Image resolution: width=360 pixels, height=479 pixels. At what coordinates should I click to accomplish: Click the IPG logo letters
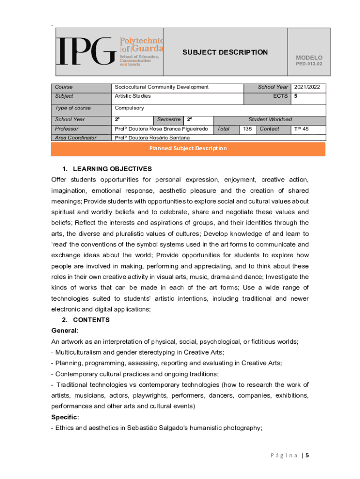click(x=86, y=52)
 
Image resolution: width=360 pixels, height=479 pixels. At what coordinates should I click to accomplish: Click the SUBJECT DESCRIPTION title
click(x=225, y=52)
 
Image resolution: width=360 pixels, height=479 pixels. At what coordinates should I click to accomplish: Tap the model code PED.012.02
click(x=309, y=64)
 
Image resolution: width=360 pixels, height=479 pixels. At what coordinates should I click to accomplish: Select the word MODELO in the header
click(x=309, y=58)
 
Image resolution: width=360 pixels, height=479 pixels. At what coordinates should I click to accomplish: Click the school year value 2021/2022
click(x=308, y=87)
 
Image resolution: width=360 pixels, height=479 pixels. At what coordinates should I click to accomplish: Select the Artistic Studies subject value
click(x=133, y=96)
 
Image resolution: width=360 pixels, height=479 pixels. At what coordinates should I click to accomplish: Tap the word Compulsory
click(x=130, y=108)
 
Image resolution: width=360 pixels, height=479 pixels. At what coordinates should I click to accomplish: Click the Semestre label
click(x=169, y=119)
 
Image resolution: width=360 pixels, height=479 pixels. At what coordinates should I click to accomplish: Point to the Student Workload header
click(x=270, y=119)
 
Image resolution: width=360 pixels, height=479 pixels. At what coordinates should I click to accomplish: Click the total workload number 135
click(x=247, y=129)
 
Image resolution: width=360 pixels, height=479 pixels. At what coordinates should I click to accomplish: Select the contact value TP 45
click(x=301, y=129)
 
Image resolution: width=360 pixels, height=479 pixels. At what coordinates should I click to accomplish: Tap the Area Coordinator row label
click(x=75, y=138)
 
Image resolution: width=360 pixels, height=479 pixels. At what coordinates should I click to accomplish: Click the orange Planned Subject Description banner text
click(x=188, y=148)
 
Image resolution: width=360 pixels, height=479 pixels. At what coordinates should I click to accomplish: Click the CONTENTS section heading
click(x=91, y=320)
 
